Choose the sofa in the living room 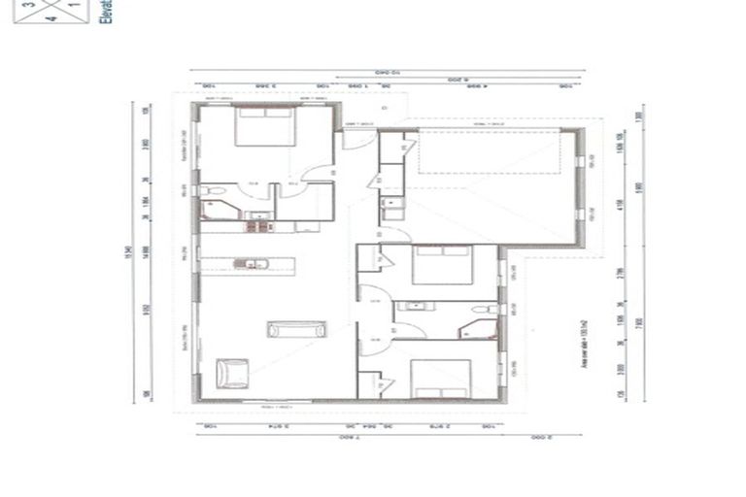[x=295, y=329]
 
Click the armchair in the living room [x=232, y=373]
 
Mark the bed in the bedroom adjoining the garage [x=442, y=264]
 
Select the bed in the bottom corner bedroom [x=440, y=379]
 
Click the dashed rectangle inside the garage [x=490, y=153]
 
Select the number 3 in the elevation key [x=28, y=5]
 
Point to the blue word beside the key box [x=106, y=13]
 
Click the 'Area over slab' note [x=585, y=346]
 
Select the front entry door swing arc [x=357, y=139]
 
